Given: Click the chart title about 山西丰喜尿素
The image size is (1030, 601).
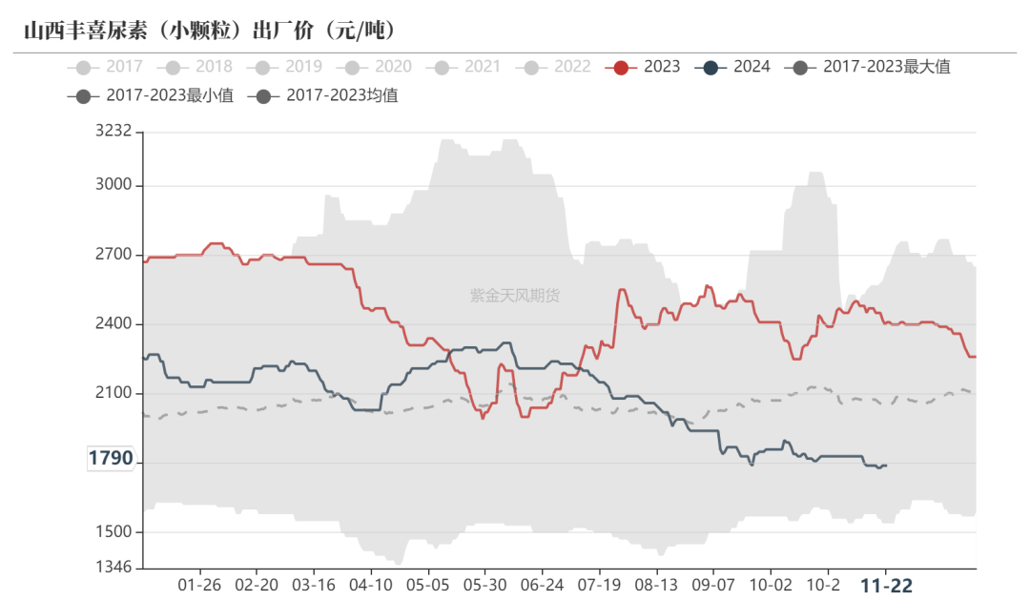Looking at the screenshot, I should (x=210, y=31).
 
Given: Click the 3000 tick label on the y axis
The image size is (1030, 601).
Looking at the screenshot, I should (x=113, y=185).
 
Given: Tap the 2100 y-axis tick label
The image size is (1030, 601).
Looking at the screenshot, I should (x=113, y=394).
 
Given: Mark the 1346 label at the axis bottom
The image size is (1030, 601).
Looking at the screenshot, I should (x=113, y=568).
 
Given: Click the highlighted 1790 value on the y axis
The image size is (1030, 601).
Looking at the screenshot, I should (x=111, y=459).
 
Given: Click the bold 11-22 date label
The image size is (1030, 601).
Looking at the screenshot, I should (x=886, y=585).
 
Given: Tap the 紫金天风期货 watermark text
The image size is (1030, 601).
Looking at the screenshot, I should (x=515, y=296).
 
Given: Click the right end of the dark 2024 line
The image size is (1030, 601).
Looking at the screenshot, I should (x=886, y=466).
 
